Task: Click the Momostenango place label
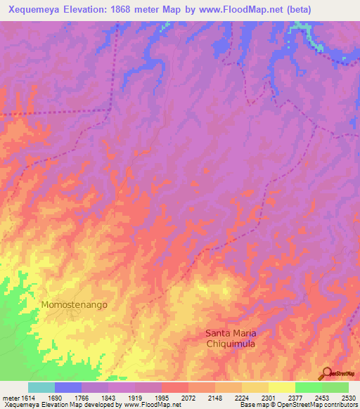click(74, 305)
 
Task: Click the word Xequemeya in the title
click(36, 9)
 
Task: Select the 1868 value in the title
click(133, 9)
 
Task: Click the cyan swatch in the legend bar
click(41, 387)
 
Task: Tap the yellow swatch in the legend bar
click(282, 387)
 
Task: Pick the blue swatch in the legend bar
click(68, 387)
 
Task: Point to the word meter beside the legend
click(9, 397)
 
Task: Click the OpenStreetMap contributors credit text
click(309, 405)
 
